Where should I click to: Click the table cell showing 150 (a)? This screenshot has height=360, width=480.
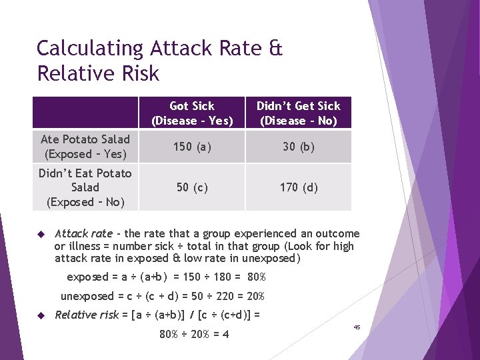192,147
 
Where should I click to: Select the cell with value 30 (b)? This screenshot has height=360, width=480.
298,147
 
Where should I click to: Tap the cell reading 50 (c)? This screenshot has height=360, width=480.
192,187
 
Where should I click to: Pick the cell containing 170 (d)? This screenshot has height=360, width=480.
298,187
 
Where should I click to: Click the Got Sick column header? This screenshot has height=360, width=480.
192,113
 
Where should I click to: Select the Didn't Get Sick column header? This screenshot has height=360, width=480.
298,113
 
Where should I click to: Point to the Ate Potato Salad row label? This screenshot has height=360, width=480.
85,147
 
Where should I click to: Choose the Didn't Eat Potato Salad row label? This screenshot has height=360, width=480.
85,187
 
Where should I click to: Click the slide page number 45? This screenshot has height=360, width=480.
357,327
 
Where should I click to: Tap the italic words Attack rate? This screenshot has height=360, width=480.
83,234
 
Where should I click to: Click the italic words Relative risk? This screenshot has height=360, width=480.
87,315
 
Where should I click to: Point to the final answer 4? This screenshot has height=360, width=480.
225,334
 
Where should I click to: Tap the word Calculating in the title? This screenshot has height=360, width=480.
90,49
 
